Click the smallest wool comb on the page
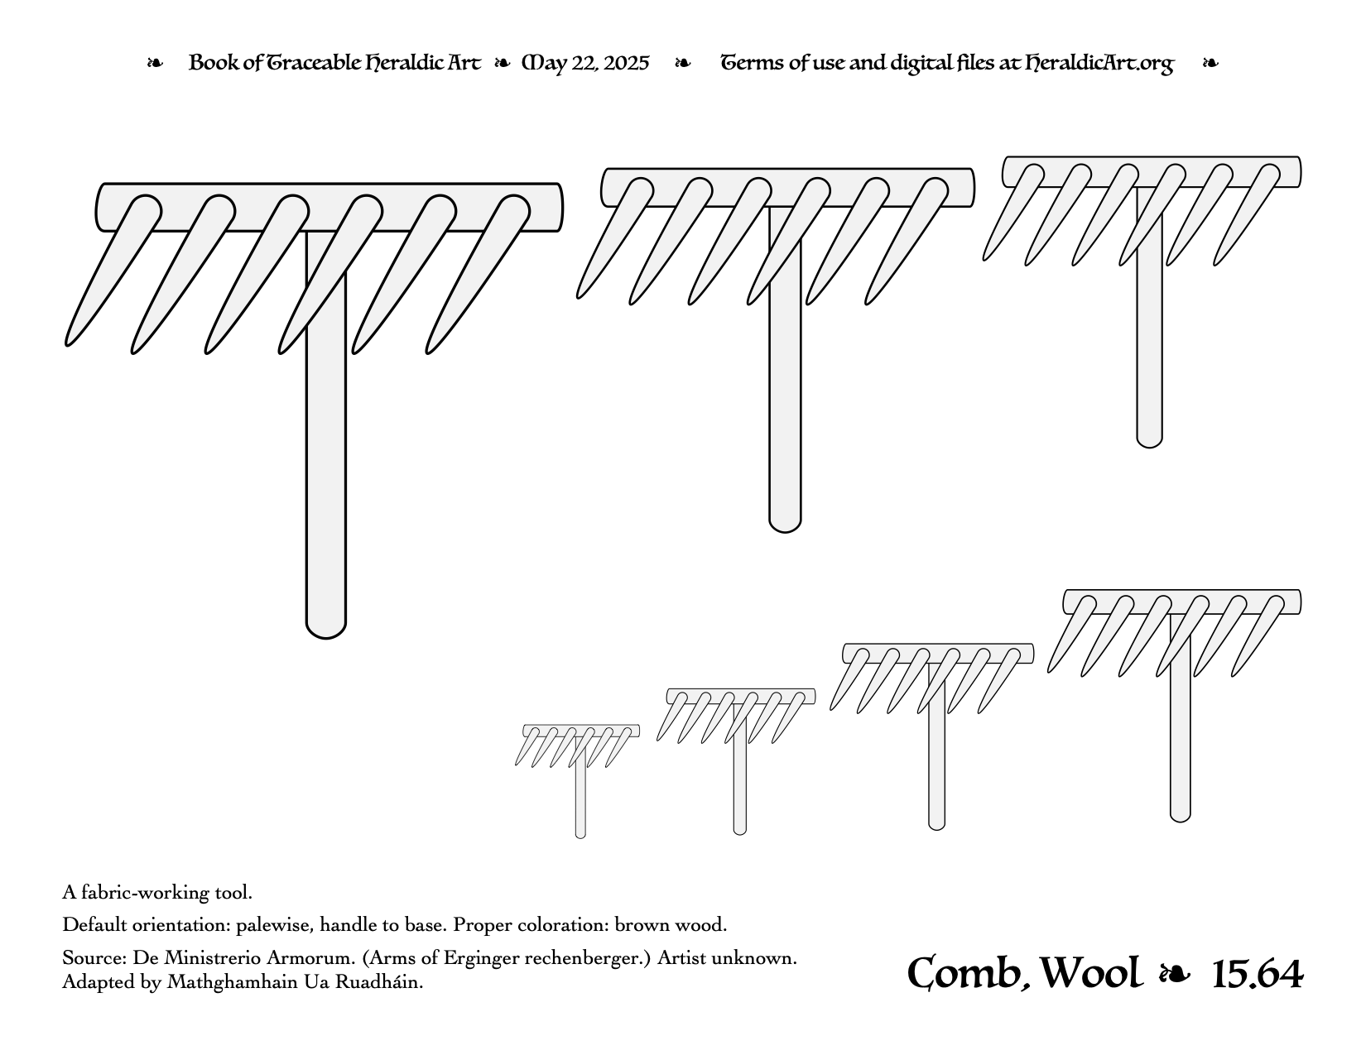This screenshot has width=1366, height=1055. tap(577, 779)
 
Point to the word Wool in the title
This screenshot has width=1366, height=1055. tap(1090, 973)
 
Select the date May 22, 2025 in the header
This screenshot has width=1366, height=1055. tap(584, 64)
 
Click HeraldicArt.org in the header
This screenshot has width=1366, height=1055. tap(1099, 64)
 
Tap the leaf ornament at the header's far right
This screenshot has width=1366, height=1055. tap(1210, 64)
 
